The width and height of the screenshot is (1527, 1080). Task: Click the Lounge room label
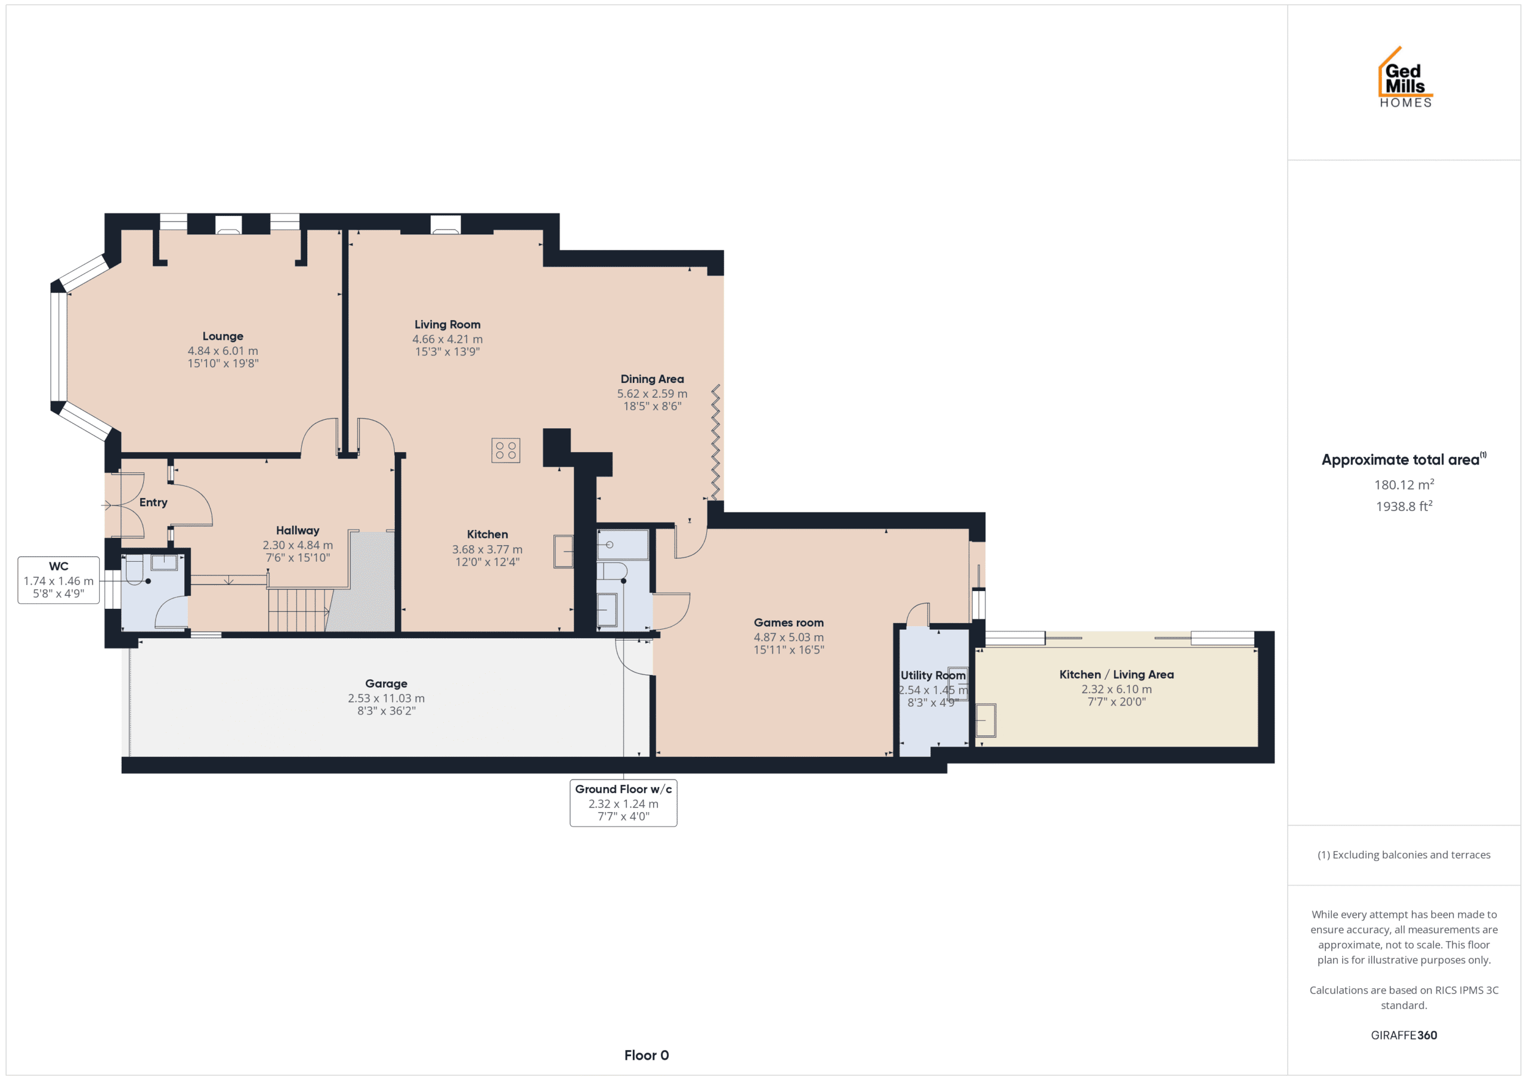pos(223,336)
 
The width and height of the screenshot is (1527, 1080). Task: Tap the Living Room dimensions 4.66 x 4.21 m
pos(447,339)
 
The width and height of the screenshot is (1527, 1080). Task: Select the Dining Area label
pos(652,379)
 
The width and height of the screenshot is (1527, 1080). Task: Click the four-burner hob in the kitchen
pos(505,450)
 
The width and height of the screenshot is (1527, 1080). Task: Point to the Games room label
pos(789,623)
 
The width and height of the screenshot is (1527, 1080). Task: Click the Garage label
pos(387,683)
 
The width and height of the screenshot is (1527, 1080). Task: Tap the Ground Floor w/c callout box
pos(623,803)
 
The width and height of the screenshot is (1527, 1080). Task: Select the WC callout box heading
pos(58,567)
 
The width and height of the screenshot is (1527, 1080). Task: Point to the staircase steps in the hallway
pos(300,610)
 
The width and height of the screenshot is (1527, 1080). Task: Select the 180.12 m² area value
pos(1404,485)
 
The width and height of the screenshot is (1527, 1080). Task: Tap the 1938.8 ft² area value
pos(1404,506)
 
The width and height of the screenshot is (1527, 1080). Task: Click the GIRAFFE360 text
pos(1404,1035)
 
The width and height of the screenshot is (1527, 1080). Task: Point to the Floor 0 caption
pos(647,1056)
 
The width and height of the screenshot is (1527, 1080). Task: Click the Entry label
pos(153,503)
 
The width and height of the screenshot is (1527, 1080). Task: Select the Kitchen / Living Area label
pos(1117,674)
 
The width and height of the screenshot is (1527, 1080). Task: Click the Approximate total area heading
pos(1404,460)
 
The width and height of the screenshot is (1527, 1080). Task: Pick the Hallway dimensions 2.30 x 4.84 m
pos(298,545)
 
